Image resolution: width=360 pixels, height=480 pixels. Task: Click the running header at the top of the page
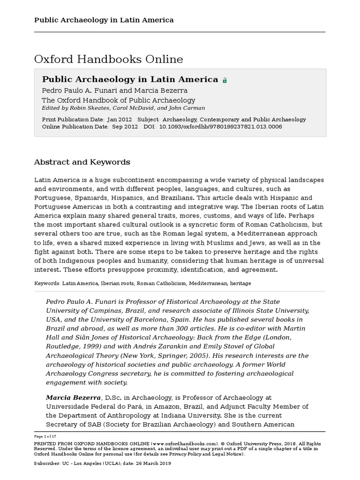point(104,20)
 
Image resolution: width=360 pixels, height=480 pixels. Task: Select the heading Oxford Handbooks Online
point(108,60)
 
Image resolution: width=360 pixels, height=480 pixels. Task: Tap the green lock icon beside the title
point(225,80)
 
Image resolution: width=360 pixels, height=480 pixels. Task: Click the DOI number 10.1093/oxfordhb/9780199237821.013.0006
point(220,127)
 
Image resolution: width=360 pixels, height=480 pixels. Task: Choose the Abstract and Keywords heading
point(82,162)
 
